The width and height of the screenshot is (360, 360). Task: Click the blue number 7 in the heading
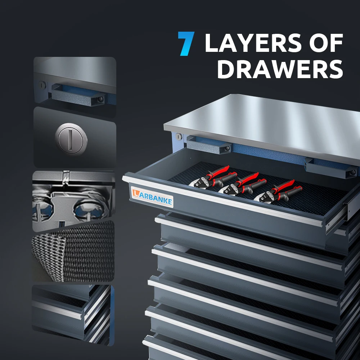[x=187, y=44]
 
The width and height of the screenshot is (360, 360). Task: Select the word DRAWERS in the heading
[x=280, y=69]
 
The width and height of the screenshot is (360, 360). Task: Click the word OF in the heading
[x=327, y=44]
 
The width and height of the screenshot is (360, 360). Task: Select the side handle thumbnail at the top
[x=75, y=86]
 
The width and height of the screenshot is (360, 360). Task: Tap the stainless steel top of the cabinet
[x=266, y=122]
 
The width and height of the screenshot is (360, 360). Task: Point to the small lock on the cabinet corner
[x=178, y=137]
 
